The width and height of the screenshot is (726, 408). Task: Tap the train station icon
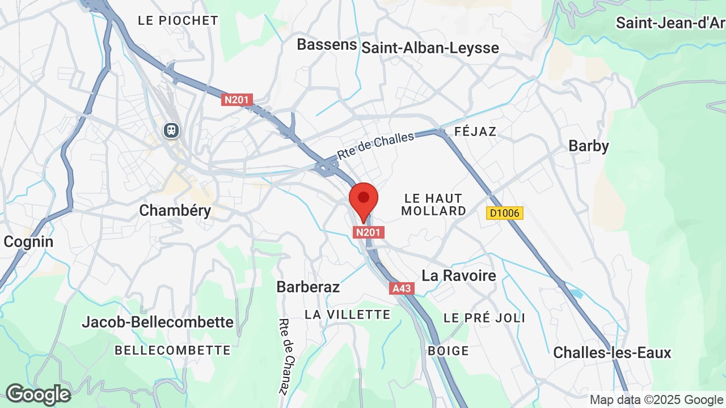pos(171,130)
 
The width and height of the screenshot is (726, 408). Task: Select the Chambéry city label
pos(175,211)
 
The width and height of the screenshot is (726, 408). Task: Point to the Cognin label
pos(28,242)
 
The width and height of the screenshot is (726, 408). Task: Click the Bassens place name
pos(327,45)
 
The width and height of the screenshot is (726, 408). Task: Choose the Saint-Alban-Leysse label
pos(430,48)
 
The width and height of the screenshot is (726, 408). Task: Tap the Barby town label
pos(589,146)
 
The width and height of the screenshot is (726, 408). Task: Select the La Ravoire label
pos(459,276)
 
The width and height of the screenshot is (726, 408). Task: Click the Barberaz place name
pos(308,287)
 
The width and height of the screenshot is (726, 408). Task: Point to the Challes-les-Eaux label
pos(612,352)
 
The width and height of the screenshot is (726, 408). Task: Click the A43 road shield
pos(402,288)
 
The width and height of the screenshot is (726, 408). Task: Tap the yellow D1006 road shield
pos(504,213)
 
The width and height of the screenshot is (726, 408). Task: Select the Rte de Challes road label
pos(375,146)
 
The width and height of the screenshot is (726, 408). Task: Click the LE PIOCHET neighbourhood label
pos(178,20)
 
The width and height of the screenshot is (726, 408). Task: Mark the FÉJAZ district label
pos(475,131)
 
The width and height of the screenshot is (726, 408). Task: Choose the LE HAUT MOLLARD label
pos(434,205)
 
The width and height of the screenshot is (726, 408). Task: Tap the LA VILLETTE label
pos(348,314)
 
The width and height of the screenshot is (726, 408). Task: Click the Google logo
pos(38,394)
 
